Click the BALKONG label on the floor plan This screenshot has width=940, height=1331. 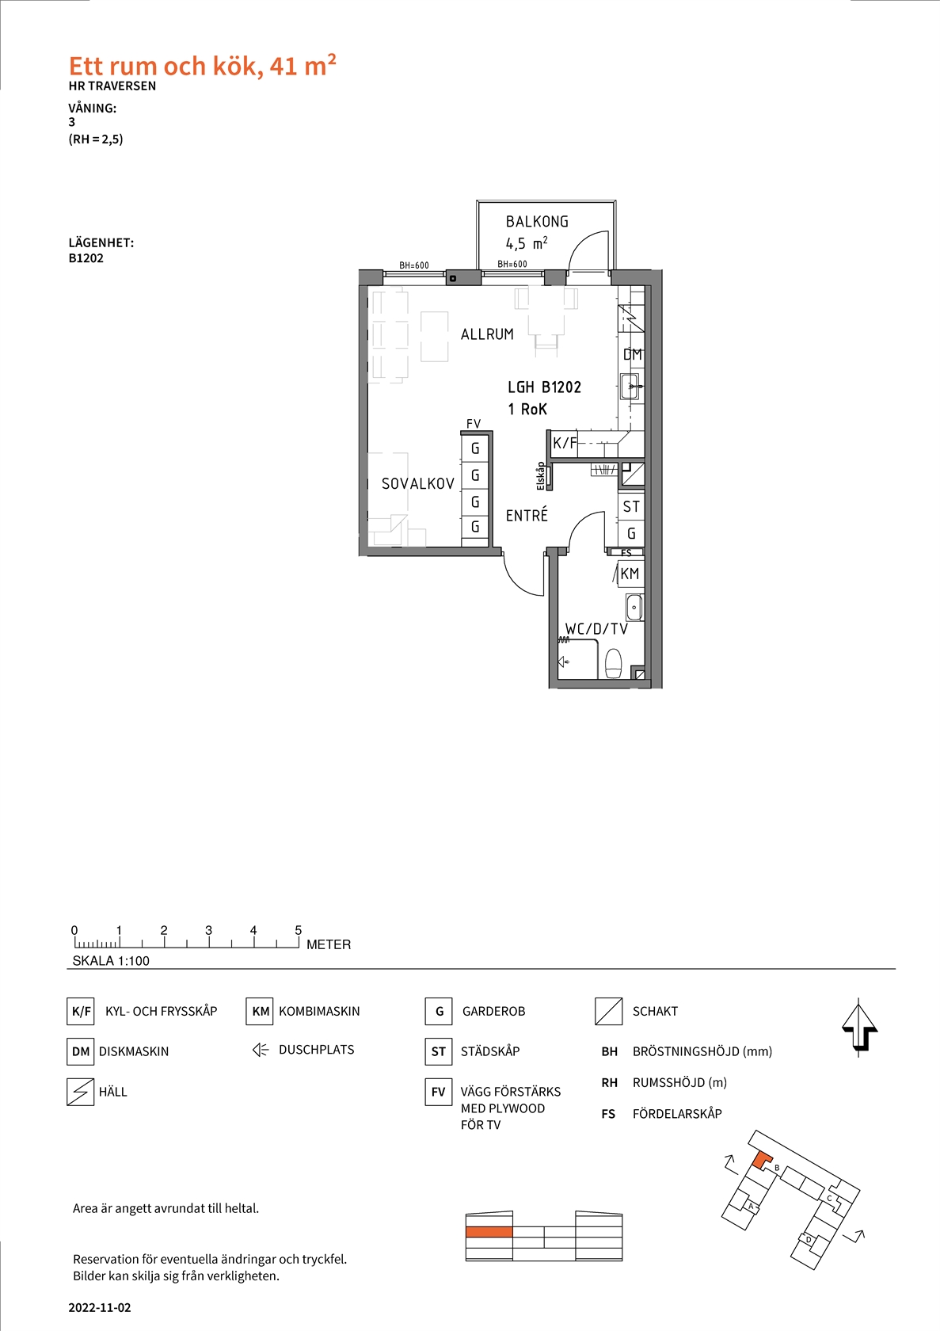[x=537, y=222]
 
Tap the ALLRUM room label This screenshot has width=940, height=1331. [x=487, y=334]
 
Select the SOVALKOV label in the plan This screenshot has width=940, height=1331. [x=417, y=484]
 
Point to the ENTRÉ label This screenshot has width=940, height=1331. [x=527, y=515]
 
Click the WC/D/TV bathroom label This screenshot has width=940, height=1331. [x=596, y=629]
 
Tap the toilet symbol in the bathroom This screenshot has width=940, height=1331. [x=613, y=663]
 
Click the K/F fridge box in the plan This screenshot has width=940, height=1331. [x=564, y=443]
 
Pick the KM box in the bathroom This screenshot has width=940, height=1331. [x=630, y=574]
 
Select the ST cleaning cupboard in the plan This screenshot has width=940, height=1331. [x=630, y=507]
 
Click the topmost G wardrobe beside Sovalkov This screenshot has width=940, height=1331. [x=475, y=448]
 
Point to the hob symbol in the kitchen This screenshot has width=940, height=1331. [x=630, y=318]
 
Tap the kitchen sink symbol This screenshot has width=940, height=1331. [x=630, y=387]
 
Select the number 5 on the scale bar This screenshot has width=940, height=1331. [x=298, y=930]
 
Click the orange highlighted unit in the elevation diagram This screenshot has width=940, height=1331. [x=489, y=1232]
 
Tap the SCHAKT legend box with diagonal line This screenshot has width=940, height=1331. [x=609, y=1011]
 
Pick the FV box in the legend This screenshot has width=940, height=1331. [x=438, y=1092]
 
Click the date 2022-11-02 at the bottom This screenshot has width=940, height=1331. [x=100, y=1307]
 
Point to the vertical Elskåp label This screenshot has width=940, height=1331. [x=540, y=476]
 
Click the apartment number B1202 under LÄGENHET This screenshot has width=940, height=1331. [x=86, y=258]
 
